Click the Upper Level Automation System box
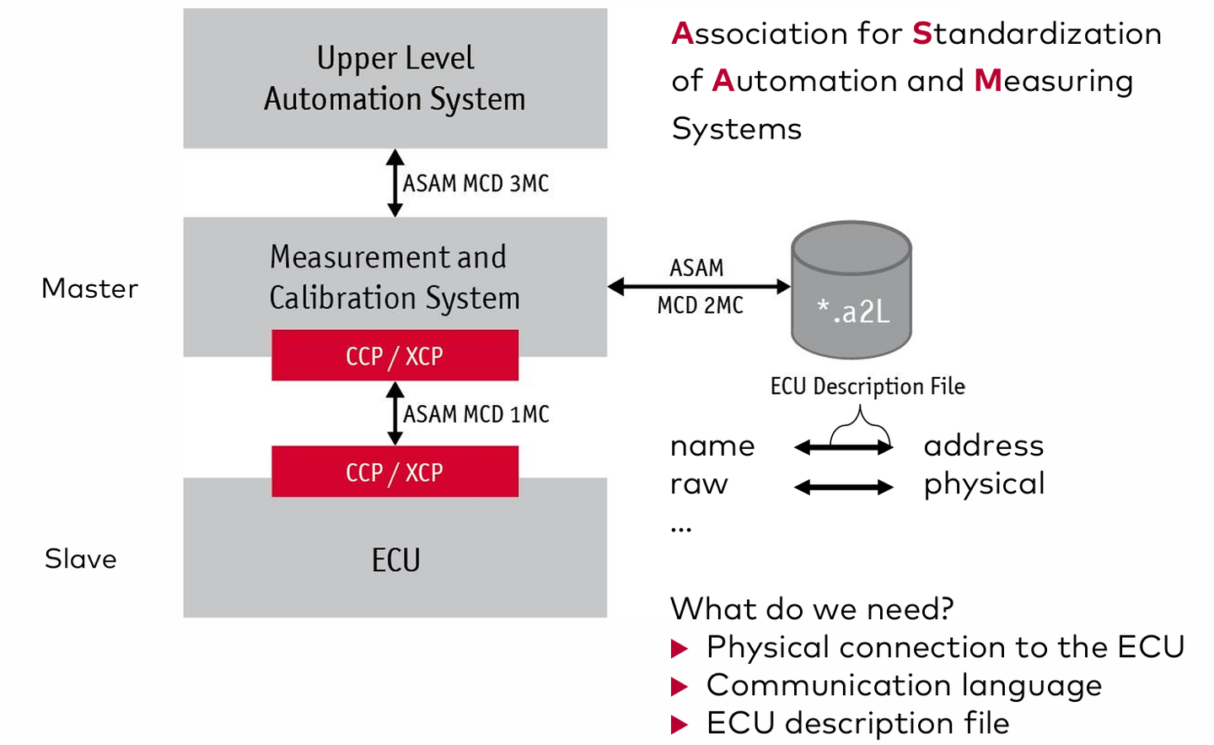[395, 78]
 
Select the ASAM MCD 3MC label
[475, 183]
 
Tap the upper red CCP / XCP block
[395, 355]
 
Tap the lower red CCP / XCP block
[395, 472]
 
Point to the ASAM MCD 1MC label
[475, 414]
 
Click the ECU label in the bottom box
[395, 560]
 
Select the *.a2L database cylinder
[851, 291]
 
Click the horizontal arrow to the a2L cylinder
[699, 287]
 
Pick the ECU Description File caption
[868, 386]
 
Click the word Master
[89, 289]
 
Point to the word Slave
[81, 559]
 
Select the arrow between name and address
[843, 448]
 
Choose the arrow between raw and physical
[843, 487]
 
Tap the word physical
[984, 484]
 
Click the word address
[983, 445]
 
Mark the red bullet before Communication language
[680, 687]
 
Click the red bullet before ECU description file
[680, 725]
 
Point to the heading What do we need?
[812, 608]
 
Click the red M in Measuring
[987, 81]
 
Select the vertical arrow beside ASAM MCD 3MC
[395, 183]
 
